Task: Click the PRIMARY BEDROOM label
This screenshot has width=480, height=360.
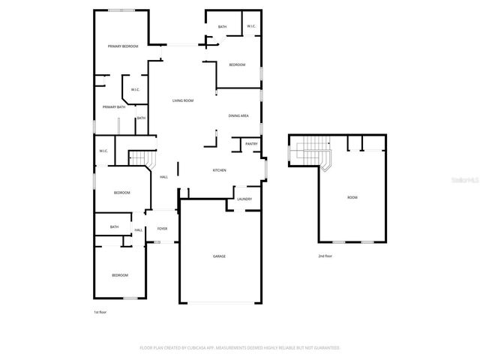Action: point(123,46)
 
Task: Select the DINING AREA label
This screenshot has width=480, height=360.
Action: point(238,115)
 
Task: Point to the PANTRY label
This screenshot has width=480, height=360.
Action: point(251,143)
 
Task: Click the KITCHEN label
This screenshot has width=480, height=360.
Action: point(219,170)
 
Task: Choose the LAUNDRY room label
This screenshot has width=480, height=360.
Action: point(244,199)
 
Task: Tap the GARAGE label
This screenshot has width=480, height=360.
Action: point(219,256)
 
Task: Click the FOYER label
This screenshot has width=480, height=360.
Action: point(161,229)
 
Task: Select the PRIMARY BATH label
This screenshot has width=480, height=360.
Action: point(114,107)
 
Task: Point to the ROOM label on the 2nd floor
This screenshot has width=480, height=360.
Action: point(352,197)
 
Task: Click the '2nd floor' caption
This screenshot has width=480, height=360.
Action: point(325,256)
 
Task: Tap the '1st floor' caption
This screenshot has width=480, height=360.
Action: point(100,310)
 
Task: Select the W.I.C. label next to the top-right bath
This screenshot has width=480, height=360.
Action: point(251,27)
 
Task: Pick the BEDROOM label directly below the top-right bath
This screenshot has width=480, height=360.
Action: point(237,64)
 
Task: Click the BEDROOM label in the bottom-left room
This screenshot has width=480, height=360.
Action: point(120,275)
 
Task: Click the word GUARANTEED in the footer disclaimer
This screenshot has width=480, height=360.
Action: point(325,348)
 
